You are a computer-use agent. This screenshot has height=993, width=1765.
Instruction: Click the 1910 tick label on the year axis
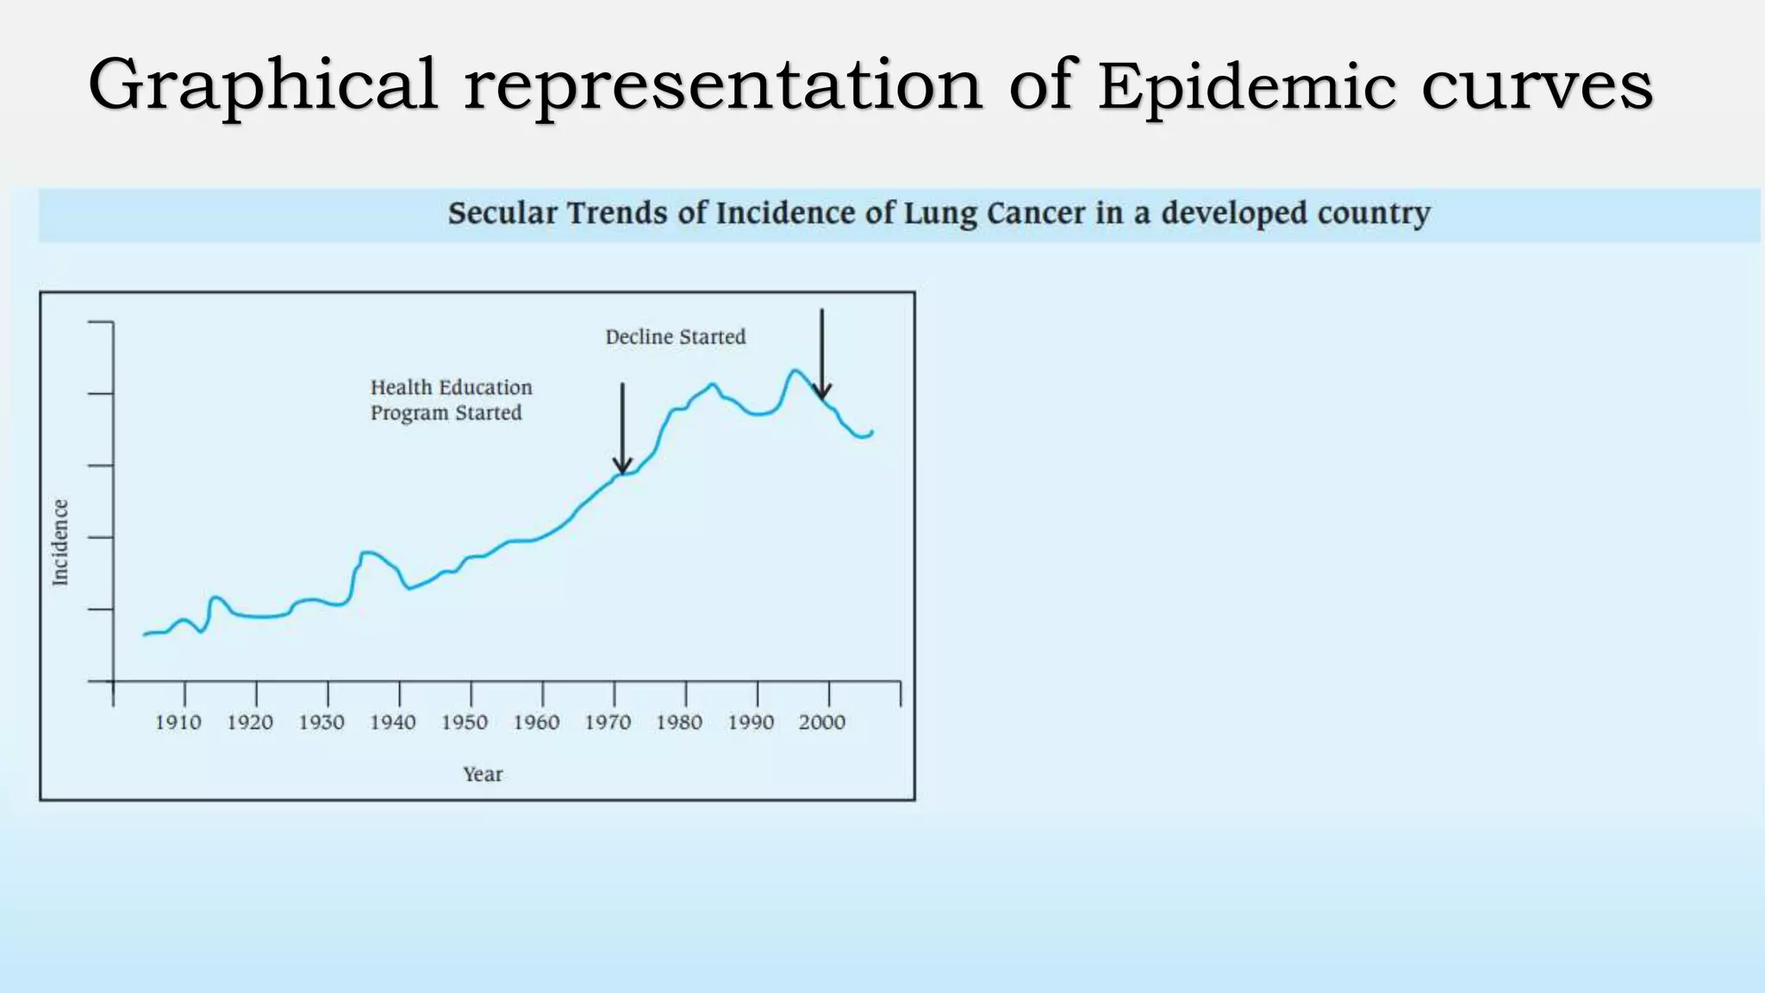178,722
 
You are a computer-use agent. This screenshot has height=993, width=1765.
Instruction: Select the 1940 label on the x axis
393,722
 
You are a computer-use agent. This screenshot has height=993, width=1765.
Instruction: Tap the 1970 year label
608,722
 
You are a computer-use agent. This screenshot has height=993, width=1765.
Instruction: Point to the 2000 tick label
821,722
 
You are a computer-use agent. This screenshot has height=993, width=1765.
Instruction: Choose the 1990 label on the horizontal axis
751,722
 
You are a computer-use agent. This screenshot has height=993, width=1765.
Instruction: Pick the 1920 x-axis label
250,722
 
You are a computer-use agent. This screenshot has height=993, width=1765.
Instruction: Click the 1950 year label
465,722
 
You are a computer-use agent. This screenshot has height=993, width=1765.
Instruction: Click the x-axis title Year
483,774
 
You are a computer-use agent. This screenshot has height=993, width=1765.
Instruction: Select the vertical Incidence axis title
59,542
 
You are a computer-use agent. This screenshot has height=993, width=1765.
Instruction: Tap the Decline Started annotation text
675,337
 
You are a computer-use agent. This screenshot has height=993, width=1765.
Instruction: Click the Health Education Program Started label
451,400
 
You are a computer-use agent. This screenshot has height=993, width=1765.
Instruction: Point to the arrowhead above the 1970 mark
622,466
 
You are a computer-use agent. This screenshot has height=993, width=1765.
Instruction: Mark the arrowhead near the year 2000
822,393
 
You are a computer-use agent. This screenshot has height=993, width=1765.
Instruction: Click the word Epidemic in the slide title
1246,86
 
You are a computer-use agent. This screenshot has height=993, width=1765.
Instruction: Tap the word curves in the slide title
1537,86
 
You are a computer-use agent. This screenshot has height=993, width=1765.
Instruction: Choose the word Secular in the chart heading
502,213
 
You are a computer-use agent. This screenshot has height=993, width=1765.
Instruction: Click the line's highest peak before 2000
795,371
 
